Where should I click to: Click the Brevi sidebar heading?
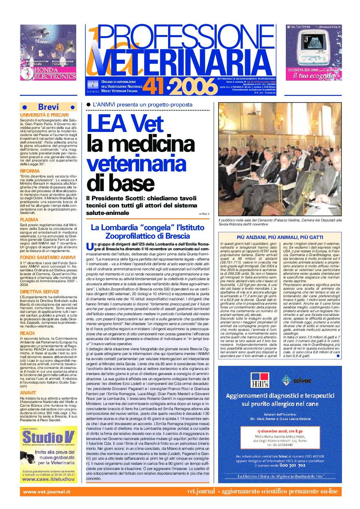pos(48,107)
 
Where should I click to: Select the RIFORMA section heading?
pos(30,171)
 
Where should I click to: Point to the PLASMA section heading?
pos(29,220)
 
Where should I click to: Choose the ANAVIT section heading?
pos(28,393)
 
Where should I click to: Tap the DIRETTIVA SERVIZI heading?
pos(39,292)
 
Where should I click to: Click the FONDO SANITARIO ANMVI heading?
pos(48,257)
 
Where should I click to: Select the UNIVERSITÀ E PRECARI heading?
pos(44,115)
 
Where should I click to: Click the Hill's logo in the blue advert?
pos(260,380)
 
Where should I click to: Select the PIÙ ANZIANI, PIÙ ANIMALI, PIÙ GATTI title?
pos(280,237)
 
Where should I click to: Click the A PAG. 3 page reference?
pos(204,214)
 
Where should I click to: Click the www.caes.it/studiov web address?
pos(48,479)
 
